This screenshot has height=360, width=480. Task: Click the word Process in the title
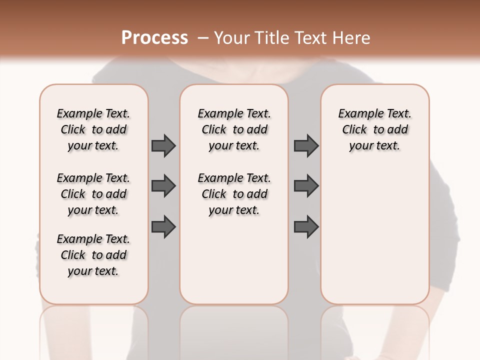tap(154, 38)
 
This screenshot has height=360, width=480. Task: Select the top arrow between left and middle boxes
tap(163, 145)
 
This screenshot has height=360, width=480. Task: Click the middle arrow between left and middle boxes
tap(163, 186)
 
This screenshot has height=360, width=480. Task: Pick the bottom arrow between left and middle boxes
tap(163, 226)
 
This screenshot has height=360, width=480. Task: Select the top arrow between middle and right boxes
tap(306, 145)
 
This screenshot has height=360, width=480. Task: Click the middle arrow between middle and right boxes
tap(306, 186)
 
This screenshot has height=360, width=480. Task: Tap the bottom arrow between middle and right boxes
tap(306, 226)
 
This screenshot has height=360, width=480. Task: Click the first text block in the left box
tap(93, 129)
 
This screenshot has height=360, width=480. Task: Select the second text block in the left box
tap(93, 194)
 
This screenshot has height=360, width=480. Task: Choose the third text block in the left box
tap(93, 255)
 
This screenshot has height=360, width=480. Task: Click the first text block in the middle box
tap(234, 129)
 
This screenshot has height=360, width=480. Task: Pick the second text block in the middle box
tap(234, 194)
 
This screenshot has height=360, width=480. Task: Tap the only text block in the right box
tap(374, 129)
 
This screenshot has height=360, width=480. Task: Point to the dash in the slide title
tap(203, 38)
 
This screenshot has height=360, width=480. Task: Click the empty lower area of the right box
tap(374, 240)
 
